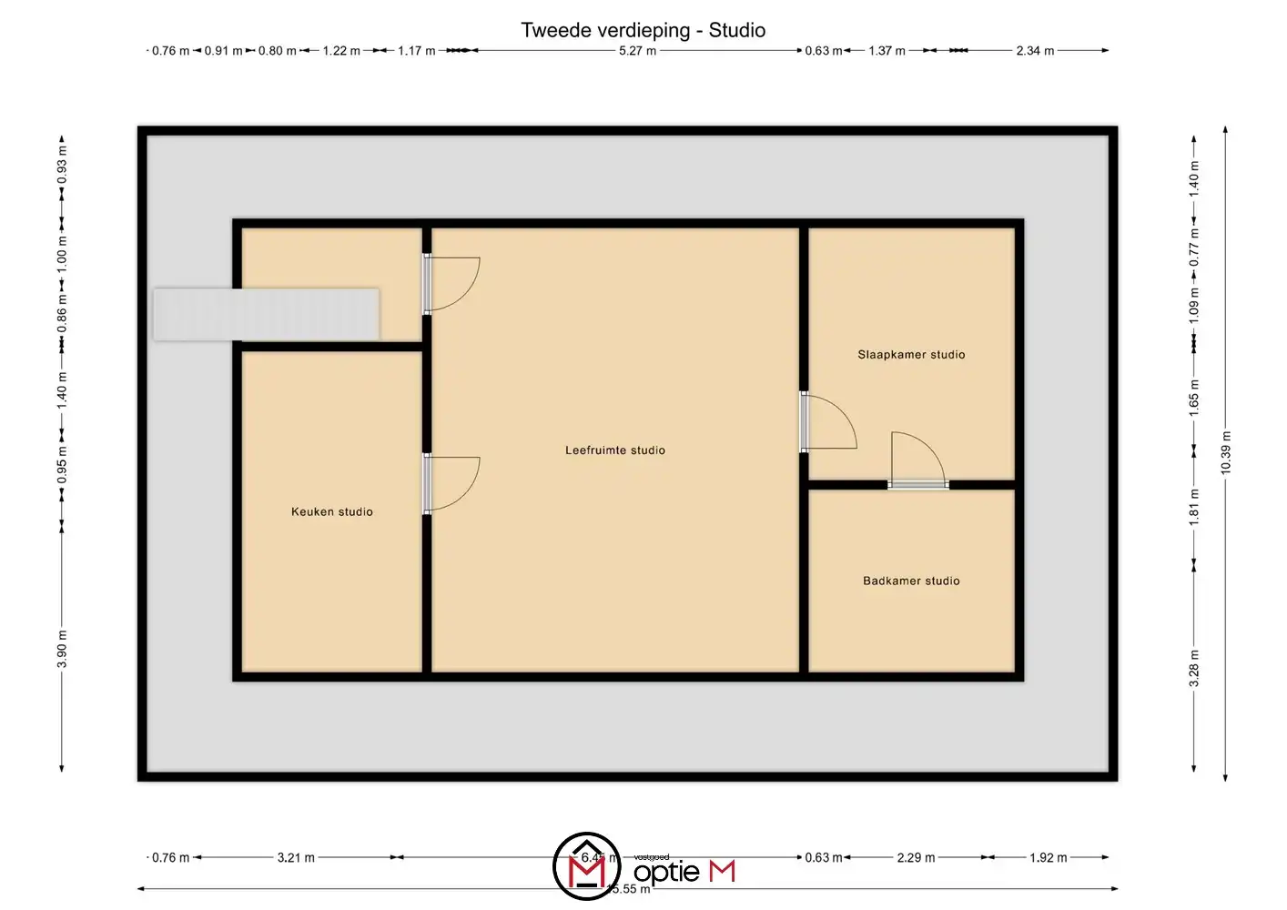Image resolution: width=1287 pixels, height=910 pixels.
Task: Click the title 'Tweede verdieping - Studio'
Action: pos(643,30)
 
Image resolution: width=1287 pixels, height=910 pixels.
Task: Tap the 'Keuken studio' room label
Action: pos(331,511)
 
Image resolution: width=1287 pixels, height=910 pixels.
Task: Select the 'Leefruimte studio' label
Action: pos(614,450)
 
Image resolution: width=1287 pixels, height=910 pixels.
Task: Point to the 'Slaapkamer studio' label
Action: pos(910,354)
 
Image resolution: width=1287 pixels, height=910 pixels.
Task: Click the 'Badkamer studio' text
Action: pos(910,581)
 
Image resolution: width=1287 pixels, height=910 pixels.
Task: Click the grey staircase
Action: pos(266,314)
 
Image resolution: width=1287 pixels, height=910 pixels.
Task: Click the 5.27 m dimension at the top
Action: pos(637,51)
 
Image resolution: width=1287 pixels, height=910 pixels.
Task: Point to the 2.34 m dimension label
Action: pos(1035,51)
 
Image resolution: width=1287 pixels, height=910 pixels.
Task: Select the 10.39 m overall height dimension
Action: pos(1225,452)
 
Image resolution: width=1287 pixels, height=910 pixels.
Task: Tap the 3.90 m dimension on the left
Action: pos(62,648)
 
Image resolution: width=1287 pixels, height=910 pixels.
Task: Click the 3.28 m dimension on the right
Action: pos(1194,668)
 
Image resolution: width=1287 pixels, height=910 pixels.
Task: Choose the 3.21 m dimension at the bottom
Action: pos(296,857)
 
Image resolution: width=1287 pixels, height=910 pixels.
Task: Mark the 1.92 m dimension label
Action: pos(1048,857)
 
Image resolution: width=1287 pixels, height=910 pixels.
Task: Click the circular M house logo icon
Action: pos(587,865)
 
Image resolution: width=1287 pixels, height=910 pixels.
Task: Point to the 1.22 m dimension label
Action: pos(341,51)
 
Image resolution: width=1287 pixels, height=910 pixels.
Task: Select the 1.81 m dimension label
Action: pos(1194,506)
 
